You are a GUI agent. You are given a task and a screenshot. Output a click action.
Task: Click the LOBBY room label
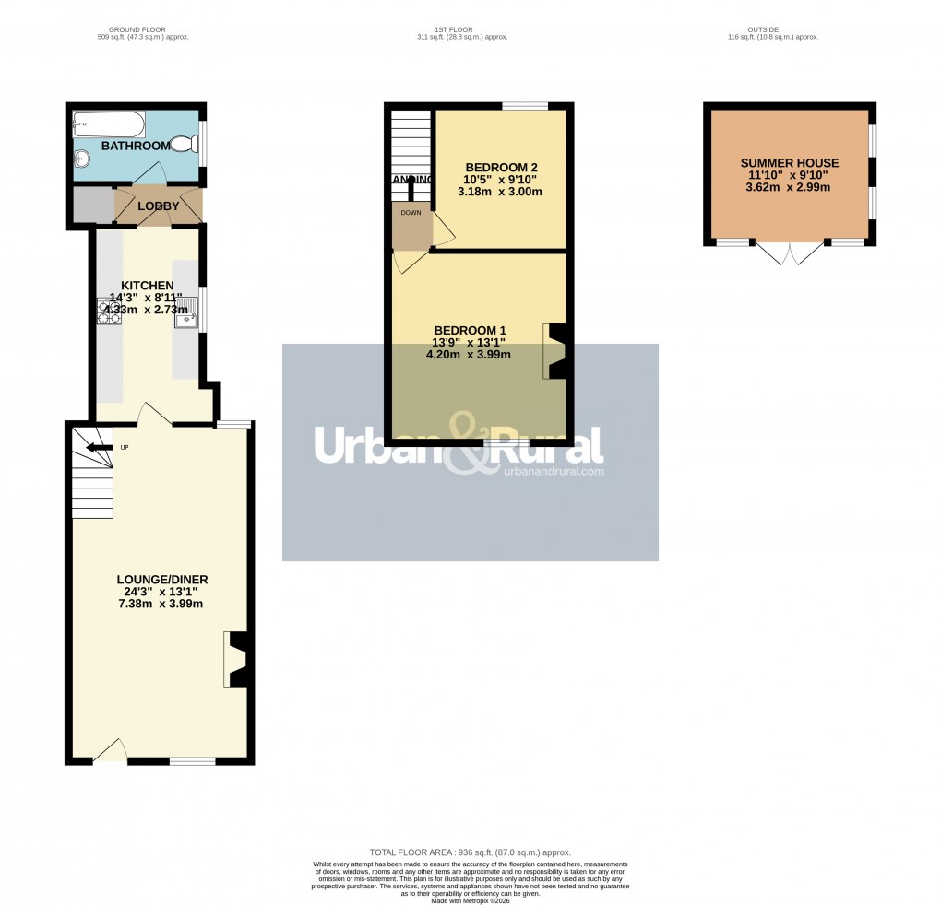159,206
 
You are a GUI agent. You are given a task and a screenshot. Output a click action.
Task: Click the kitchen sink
185,311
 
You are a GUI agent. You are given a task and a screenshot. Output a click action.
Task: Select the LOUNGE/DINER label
162,580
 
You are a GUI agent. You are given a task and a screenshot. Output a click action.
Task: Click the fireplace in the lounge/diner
236,659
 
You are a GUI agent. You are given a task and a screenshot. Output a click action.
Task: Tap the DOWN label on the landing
410,212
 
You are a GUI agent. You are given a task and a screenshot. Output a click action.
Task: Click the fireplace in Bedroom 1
555,351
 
